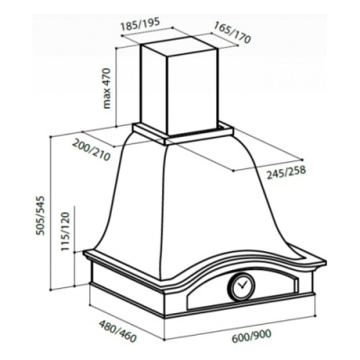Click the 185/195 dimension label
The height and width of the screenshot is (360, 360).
click(x=139, y=24)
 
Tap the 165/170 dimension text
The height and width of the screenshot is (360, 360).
click(x=231, y=32)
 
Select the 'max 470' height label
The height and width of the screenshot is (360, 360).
click(x=106, y=88)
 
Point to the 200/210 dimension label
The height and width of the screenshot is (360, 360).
click(x=92, y=149)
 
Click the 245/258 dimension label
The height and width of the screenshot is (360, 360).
click(x=286, y=172)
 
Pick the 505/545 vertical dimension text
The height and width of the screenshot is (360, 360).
click(x=40, y=215)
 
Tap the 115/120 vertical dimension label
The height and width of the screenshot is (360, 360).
click(x=65, y=231)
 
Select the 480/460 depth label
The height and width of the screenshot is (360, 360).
click(x=118, y=331)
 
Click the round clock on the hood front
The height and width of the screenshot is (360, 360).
click(x=241, y=286)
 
